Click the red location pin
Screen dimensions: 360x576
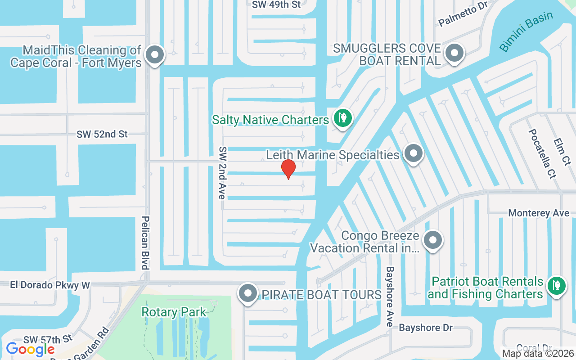coord(288,169)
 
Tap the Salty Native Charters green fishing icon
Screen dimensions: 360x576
coord(343,118)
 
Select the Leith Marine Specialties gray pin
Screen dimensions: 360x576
coord(413,154)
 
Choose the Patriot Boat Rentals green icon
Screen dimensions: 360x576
coord(557,285)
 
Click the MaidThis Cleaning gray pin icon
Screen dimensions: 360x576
coord(155,55)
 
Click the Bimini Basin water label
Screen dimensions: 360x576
coord(526,31)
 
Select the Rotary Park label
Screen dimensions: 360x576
coord(174,312)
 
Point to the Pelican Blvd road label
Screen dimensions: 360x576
coord(145,243)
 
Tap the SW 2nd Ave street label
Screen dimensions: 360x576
coord(222,173)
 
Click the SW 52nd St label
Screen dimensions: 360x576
coord(102,134)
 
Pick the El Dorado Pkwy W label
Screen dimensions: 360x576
coord(50,285)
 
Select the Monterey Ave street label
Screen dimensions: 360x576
coord(539,213)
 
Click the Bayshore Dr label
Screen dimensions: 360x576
coord(426,328)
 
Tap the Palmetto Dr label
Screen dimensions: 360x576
coord(463,17)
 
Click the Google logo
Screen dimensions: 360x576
coord(30,349)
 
